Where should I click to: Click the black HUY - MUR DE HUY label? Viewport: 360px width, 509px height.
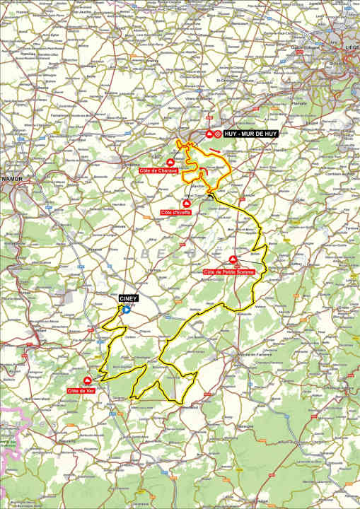click(250, 134)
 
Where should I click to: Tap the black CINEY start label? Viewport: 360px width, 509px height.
click(127, 298)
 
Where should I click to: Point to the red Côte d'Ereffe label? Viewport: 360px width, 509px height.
click(176, 212)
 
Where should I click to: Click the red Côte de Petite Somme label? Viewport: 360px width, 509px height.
click(228, 272)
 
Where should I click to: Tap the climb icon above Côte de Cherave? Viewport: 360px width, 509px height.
click(169, 163)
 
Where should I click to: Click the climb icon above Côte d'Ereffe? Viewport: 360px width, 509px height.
click(187, 204)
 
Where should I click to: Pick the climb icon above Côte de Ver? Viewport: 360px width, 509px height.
click(88, 381)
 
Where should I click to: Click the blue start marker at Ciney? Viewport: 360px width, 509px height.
click(127, 309)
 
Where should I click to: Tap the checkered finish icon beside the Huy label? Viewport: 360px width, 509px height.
click(219, 134)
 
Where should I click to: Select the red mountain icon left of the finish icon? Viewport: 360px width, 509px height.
click(209, 134)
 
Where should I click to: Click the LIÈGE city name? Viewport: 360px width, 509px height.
click(351, 48)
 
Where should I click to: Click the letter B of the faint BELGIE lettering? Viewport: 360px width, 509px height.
click(146, 252)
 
